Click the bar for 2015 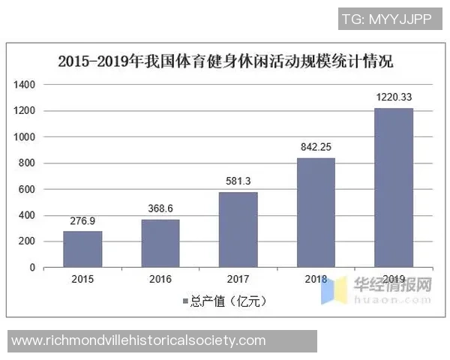click(x=82, y=248)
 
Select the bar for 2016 click(x=160, y=243)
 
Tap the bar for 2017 click(x=238, y=229)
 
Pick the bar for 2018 click(x=316, y=212)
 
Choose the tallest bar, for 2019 click(x=394, y=187)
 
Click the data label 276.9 click(x=82, y=221)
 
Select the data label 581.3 click(x=238, y=181)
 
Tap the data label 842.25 click(x=316, y=148)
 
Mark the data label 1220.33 click(x=394, y=98)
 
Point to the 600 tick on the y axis click(x=27, y=189)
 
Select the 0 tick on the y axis click(x=32, y=267)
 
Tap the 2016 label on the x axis click(x=160, y=280)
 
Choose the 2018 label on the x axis click(x=316, y=280)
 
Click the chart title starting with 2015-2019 click(x=225, y=61)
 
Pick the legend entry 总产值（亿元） click(x=225, y=301)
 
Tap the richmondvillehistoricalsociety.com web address click(x=139, y=340)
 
